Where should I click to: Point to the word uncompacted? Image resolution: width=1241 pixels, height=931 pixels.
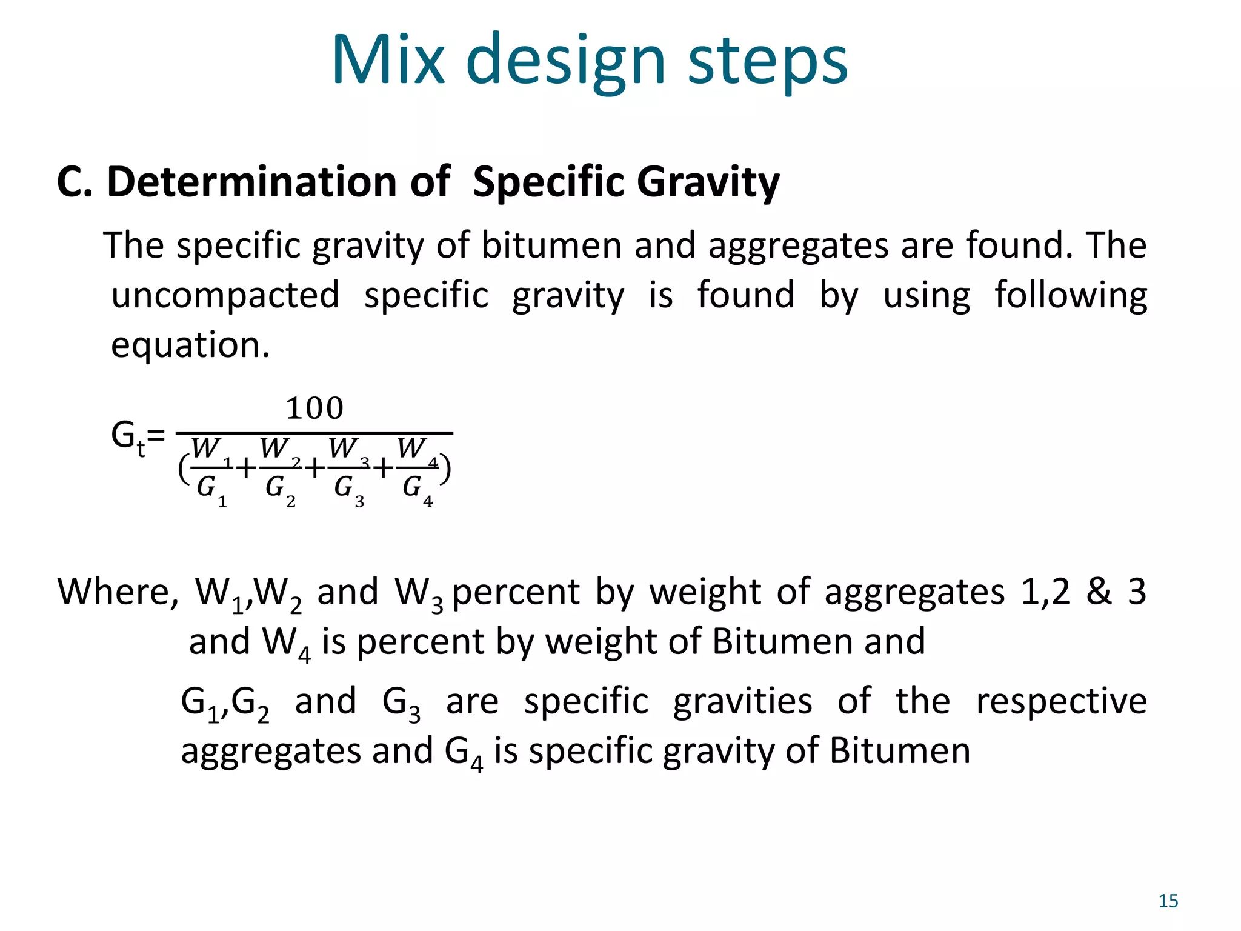pos(225,296)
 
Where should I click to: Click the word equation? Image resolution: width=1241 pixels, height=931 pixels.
pos(190,345)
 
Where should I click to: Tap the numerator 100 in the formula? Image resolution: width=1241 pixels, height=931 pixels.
pos(314,409)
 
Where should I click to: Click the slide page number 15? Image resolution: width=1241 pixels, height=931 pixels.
pos(1168,901)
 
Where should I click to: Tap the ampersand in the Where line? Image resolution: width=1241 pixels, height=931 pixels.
pos(1099,592)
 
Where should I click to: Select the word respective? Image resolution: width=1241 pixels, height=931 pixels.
pos(1062,702)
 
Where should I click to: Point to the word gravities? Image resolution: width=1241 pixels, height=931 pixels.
pos(742,702)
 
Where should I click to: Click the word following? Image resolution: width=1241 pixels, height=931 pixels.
pos(1071,296)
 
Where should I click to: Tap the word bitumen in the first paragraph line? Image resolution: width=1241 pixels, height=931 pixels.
pos(551,246)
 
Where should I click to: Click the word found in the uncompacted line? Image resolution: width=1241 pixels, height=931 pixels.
pos(745,296)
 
